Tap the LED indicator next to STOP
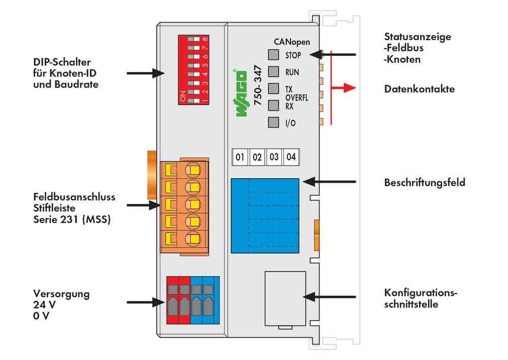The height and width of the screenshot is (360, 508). (273, 55)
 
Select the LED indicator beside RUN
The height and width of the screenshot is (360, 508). (273, 72)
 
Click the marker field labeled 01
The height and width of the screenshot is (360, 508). (240, 157)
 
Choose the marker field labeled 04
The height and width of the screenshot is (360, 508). (291, 157)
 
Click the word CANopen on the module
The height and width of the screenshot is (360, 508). (292, 42)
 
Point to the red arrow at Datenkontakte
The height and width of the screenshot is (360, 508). (342, 88)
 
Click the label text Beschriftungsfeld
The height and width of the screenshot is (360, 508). (424, 182)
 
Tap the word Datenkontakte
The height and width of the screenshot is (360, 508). (419, 89)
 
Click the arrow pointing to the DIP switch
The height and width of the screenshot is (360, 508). (145, 74)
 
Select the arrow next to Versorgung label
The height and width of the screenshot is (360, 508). (145, 302)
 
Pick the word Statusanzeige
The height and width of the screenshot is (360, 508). (418, 37)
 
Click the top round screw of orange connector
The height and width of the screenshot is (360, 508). (193, 169)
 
